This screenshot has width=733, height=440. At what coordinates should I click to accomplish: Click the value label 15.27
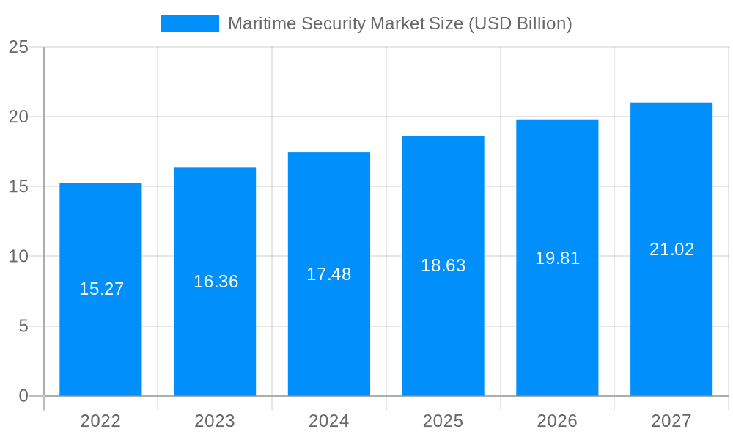point(102,289)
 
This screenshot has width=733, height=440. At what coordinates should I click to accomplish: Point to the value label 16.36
point(216,282)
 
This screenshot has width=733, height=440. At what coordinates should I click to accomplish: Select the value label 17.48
point(329,274)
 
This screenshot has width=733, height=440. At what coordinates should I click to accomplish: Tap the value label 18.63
point(443,265)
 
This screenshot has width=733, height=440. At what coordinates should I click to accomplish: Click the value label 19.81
point(558,258)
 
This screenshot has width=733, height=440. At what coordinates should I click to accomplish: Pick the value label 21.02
point(672,249)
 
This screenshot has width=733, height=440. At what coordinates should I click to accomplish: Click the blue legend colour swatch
point(190,23)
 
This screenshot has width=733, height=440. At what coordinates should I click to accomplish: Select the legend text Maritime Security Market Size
point(399,23)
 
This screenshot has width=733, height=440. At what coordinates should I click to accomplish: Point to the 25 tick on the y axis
point(18,48)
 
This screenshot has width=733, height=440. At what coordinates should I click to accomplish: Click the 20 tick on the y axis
point(18,117)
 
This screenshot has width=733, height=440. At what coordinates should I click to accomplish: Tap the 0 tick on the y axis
point(23,396)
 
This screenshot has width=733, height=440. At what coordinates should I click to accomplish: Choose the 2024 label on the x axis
point(329,421)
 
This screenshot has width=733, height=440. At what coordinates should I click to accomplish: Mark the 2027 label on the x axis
point(671,421)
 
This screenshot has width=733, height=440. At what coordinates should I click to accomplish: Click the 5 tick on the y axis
point(23,326)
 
